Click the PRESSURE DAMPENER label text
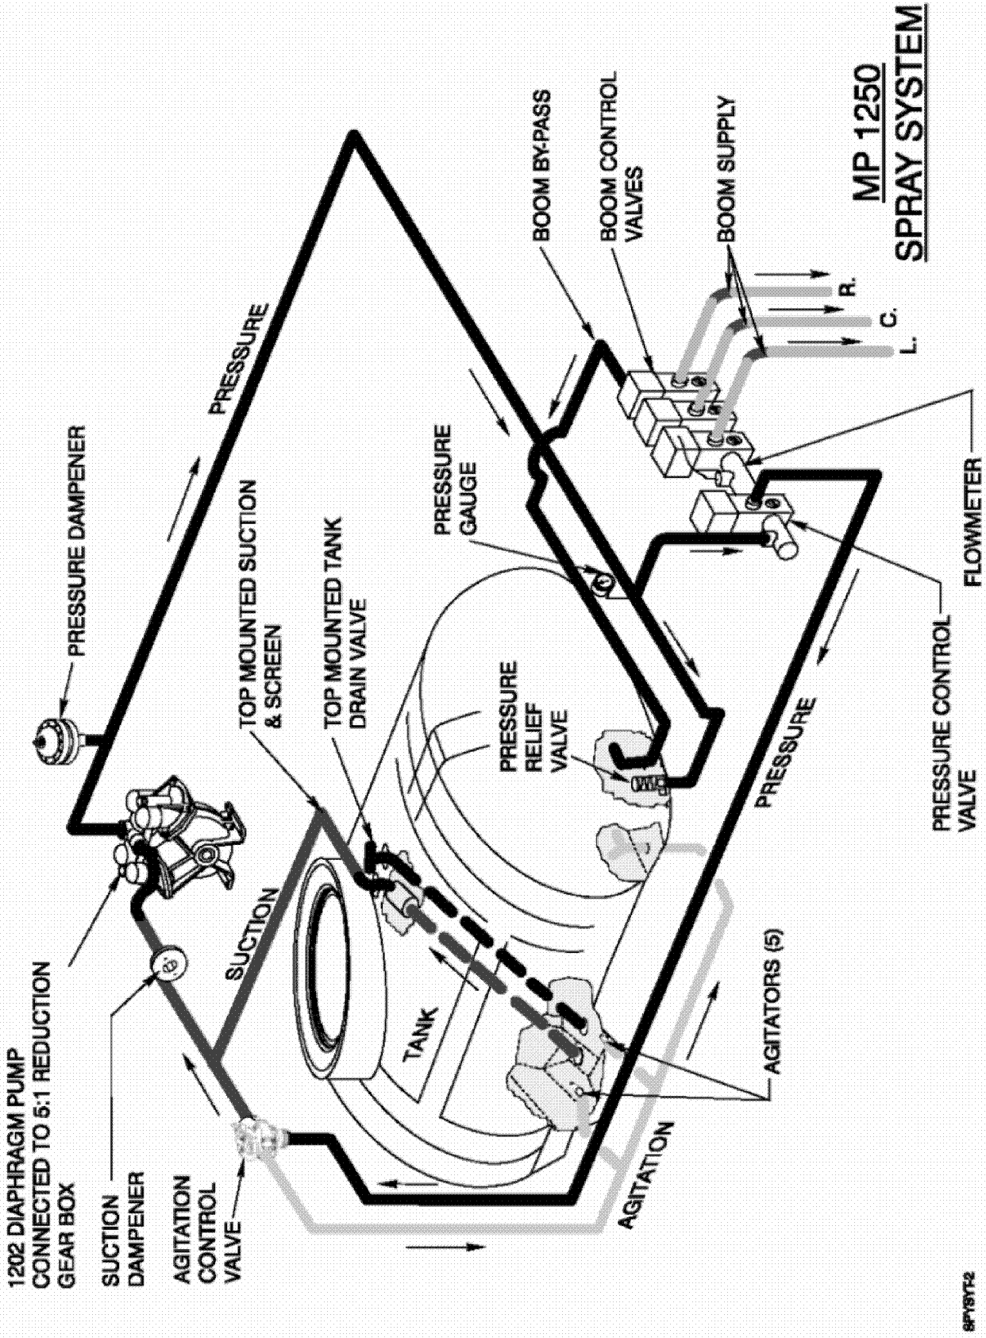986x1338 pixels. [75, 540]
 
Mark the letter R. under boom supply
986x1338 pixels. [849, 287]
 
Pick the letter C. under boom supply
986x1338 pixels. [889, 315]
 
